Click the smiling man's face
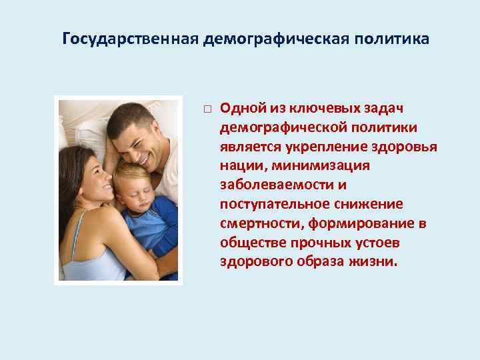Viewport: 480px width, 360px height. tap(139, 139)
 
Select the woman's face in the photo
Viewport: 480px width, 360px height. tap(89, 178)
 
